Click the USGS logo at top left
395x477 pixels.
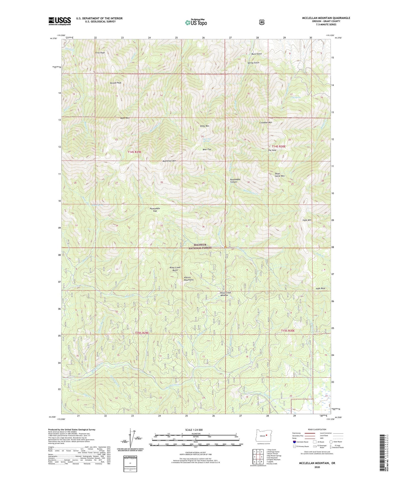coord(60,21)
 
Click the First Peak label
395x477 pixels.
coord(100,53)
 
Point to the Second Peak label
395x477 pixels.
coord(115,83)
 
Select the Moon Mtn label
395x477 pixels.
coord(125,118)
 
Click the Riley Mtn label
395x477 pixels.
coord(204,126)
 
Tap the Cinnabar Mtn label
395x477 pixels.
coord(265,123)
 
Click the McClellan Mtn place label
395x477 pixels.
coord(169,161)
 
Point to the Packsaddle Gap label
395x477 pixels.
coord(155,210)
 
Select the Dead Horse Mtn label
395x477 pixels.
coord(279,175)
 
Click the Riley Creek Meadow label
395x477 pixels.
coord(226,294)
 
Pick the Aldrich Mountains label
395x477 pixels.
coord(189,278)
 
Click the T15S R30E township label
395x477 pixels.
coord(288,331)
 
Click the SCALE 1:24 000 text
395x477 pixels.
coord(194,430)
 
